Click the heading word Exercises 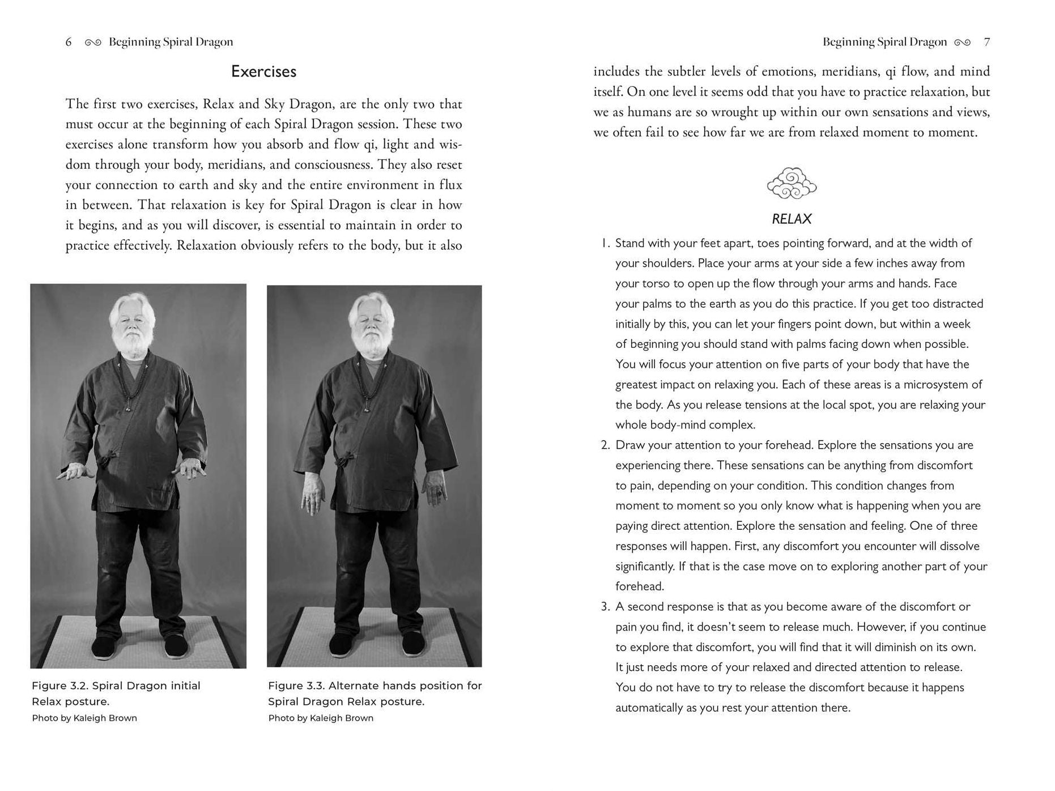tap(263, 71)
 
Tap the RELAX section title tap(792, 219)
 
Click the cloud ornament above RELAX tap(792, 183)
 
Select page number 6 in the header tap(69, 42)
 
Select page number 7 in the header tap(986, 42)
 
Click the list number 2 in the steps tap(605, 445)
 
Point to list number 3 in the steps tap(605, 607)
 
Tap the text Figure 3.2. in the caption tap(59, 686)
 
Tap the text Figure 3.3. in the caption tap(296, 686)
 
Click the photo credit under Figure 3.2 tap(84, 718)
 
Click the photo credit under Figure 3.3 tap(321, 718)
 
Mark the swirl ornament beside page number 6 tap(93, 42)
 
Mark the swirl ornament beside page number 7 tap(962, 42)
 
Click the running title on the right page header tap(884, 42)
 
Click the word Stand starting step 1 tap(631, 243)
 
